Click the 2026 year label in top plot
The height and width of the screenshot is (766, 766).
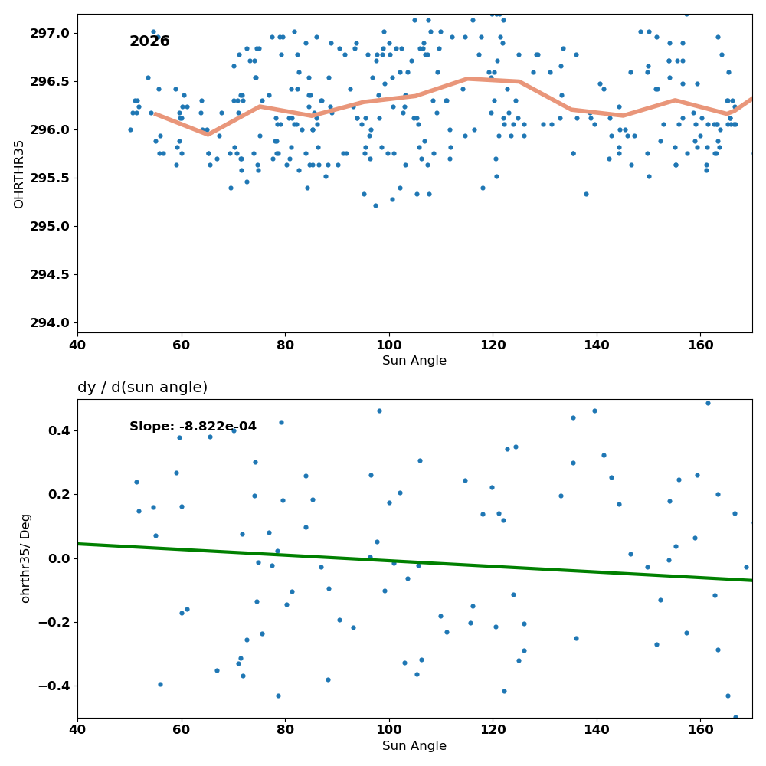pos(149,41)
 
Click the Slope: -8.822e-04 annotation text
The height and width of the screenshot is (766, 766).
pos(193,427)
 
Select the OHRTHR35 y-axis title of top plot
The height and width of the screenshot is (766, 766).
pos(18,174)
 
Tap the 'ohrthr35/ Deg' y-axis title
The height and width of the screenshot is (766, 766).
pos(25,558)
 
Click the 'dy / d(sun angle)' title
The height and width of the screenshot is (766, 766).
pos(142,388)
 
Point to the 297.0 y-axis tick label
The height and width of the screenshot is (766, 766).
pos(50,33)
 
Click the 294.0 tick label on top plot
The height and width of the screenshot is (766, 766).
pos(50,323)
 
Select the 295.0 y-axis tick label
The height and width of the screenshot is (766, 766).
pos(50,226)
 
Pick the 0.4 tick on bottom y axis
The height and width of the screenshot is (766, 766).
pos(60,430)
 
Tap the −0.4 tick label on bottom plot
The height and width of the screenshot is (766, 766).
pos(54,686)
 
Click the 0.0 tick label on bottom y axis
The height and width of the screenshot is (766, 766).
pos(60,558)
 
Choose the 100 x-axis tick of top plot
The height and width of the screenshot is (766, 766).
pos(389,345)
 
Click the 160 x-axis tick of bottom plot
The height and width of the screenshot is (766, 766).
pos(701,730)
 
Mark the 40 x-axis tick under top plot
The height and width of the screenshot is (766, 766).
pos(77,345)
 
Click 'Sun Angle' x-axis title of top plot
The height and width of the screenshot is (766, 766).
pos(414,361)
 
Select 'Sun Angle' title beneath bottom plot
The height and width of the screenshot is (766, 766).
pos(414,746)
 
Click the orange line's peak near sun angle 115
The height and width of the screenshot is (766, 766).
pos(468,78)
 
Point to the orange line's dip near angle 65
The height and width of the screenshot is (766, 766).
pos(208,134)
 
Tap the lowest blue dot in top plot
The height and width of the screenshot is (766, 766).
pos(375,205)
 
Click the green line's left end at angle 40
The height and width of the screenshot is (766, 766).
pos(78,544)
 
